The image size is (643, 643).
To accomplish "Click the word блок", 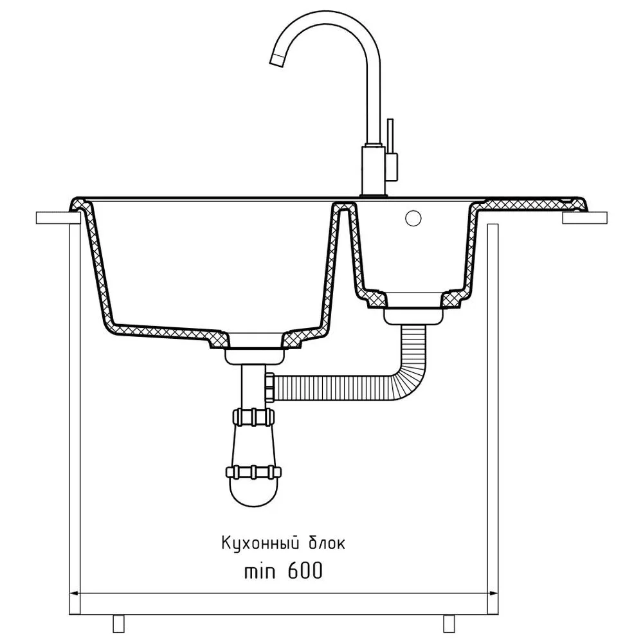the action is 327,543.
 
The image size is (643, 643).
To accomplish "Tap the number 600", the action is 305,570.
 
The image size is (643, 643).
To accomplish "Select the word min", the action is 260,571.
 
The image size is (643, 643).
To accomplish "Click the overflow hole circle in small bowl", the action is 413,218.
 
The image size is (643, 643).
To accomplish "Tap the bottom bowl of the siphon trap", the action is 254,492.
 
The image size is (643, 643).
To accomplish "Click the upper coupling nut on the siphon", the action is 254,417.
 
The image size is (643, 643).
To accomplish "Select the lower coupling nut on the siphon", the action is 254,472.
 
